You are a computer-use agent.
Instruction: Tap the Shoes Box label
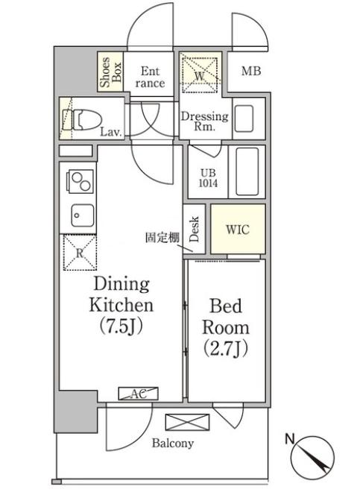click(110, 72)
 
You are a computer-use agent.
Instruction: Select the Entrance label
click(150, 78)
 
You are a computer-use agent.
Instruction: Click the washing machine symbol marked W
click(200, 75)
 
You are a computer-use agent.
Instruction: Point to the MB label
click(251, 72)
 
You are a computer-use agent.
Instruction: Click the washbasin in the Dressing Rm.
click(244, 119)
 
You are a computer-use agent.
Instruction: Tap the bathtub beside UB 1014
click(247, 171)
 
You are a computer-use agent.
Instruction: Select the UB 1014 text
click(209, 178)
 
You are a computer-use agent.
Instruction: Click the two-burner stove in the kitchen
click(80, 181)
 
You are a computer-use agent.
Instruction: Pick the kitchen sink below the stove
click(82, 215)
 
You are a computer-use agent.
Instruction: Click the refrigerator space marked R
click(80, 253)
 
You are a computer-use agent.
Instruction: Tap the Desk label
click(195, 229)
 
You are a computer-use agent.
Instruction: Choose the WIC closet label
click(238, 230)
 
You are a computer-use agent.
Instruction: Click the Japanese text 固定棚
click(162, 238)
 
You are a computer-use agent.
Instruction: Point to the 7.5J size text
click(121, 327)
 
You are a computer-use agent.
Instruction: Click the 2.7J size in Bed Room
click(226, 348)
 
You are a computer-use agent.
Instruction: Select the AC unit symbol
click(138, 394)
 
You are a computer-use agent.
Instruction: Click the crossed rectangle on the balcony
click(187, 422)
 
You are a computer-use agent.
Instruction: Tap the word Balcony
click(173, 444)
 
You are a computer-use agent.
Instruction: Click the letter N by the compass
click(290, 439)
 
